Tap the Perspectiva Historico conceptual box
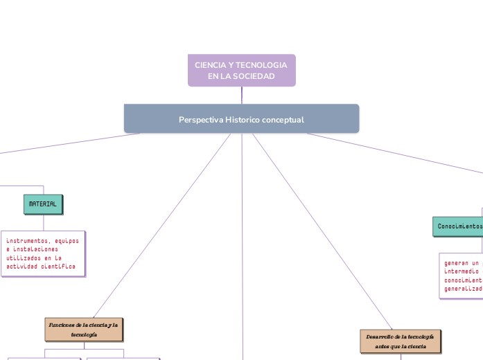click(x=241, y=119)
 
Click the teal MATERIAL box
click(x=43, y=204)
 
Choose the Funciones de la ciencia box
click(x=84, y=330)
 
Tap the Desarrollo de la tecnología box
click(x=401, y=341)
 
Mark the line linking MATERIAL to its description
click(x=44, y=222)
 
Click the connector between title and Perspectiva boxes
click(x=242, y=96)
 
